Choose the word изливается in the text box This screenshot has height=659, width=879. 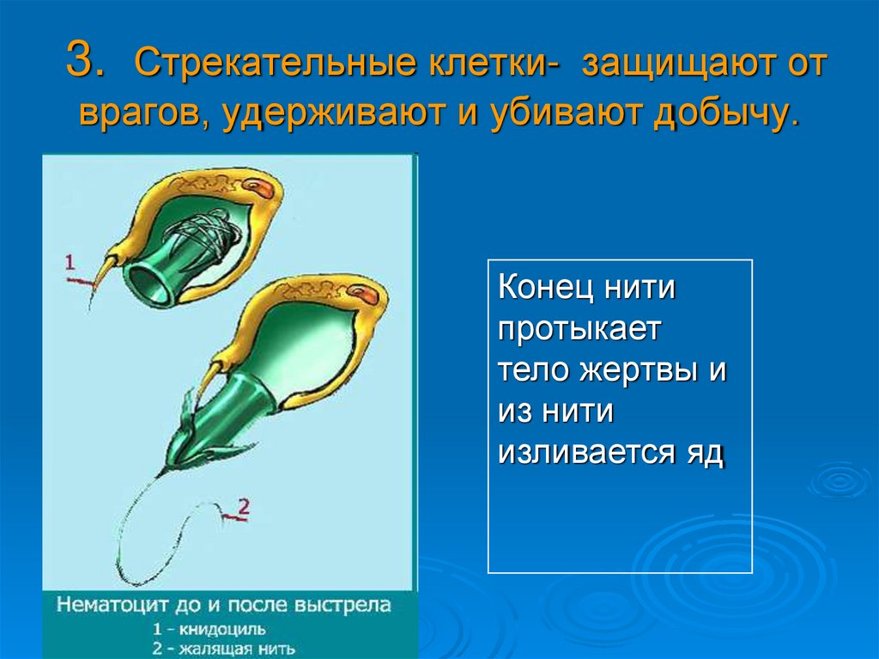click(x=591, y=453)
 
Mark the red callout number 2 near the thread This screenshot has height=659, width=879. click(x=243, y=506)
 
